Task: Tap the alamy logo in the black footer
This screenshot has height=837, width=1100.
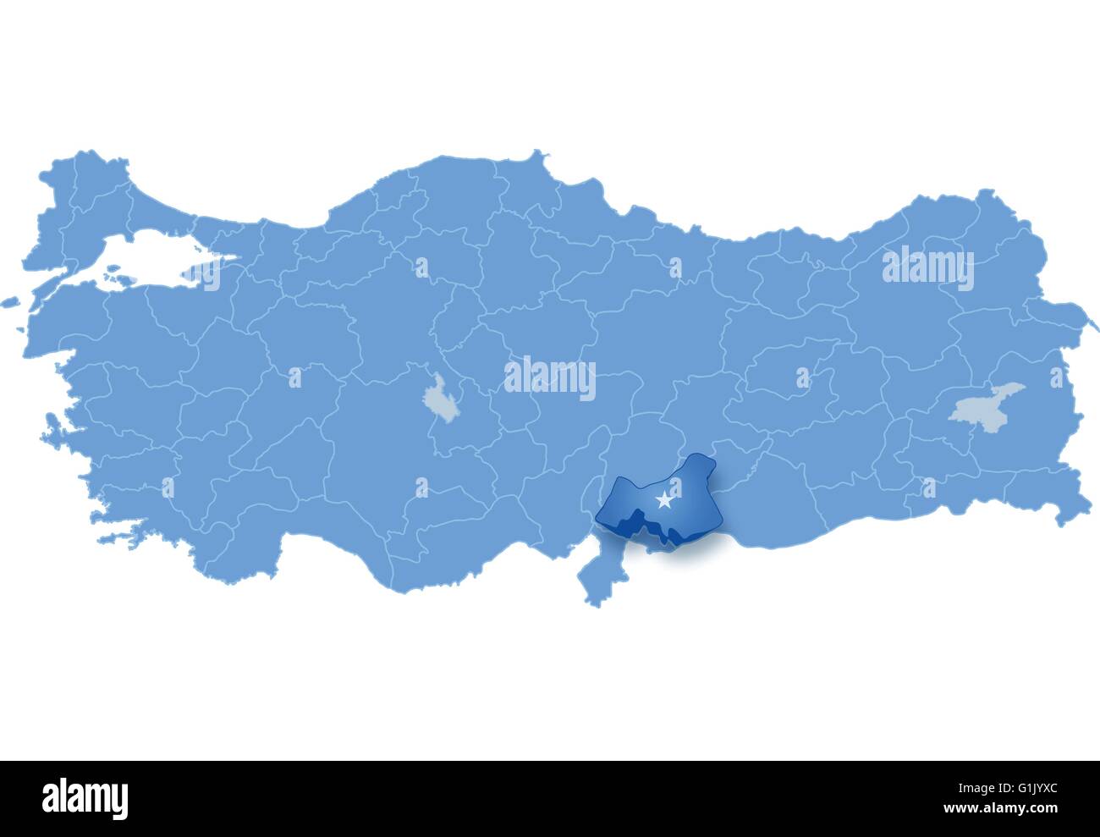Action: point(85,797)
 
